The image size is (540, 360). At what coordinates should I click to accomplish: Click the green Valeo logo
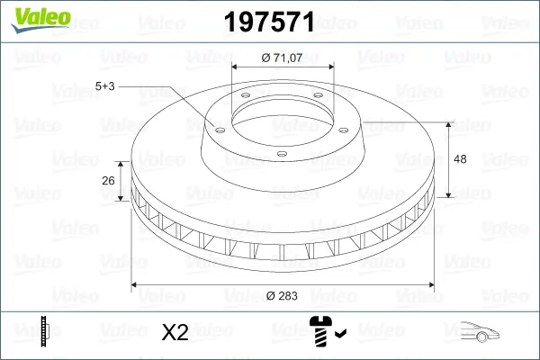tap(40, 20)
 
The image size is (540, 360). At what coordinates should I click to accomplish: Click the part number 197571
tap(269, 22)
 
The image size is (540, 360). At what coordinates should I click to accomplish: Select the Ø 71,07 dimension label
tap(282, 58)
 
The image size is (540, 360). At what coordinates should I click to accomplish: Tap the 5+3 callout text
tap(104, 86)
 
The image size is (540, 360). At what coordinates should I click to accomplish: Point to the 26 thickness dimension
tap(108, 181)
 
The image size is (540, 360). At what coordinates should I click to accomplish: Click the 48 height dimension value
tap(460, 159)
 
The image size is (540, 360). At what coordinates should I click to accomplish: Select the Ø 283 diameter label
tap(282, 296)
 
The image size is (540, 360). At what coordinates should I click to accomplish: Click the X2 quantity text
tap(175, 332)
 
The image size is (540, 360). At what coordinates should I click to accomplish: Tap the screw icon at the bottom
tap(320, 331)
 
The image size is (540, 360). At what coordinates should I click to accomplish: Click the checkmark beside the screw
tap(340, 333)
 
